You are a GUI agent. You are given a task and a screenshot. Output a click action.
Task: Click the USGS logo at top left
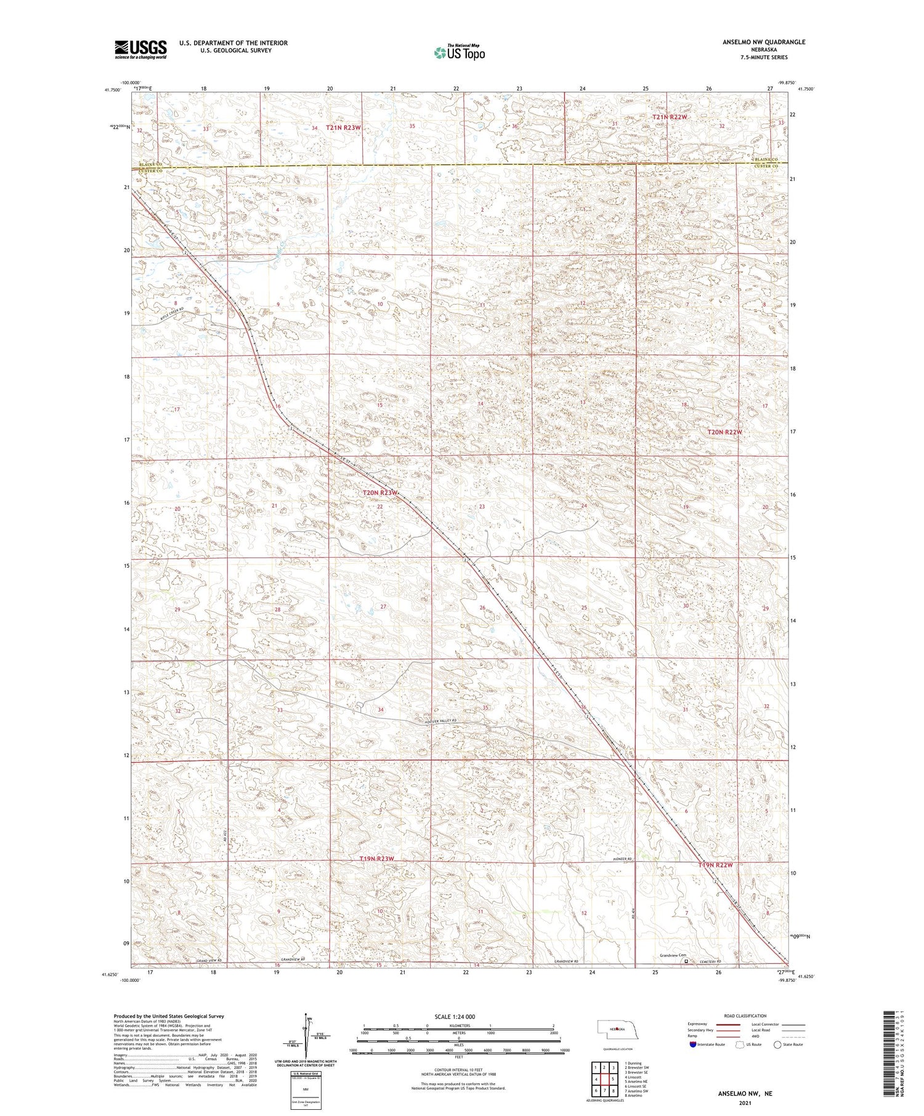point(140,49)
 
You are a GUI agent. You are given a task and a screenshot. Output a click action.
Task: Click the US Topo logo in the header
point(458,52)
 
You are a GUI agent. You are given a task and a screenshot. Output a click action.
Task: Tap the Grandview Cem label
point(675,955)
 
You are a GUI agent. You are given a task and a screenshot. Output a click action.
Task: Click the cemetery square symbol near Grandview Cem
point(686,961)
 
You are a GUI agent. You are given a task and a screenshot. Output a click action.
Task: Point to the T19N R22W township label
point(715,865)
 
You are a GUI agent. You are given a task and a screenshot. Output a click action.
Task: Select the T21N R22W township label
point(670,116)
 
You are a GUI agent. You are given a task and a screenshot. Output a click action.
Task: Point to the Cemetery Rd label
point(708,961)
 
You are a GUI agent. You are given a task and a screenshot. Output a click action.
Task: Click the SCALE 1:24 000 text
point(455,1016)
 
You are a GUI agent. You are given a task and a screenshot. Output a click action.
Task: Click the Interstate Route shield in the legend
point(693,1045)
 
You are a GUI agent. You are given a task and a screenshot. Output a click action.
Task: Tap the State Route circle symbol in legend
point(777,1045)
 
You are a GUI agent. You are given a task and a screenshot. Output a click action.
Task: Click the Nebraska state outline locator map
point(617,1029)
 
